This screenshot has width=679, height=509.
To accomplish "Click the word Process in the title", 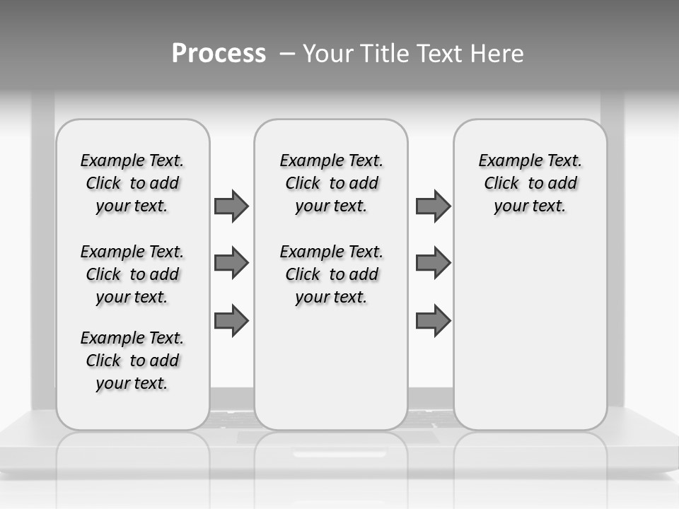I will [x=219, y=53].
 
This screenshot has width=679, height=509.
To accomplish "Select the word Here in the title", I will [x=498, y=54].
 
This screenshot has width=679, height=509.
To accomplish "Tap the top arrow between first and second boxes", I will [x=231, y=206].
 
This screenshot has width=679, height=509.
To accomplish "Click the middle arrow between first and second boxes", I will [x=231, y=263].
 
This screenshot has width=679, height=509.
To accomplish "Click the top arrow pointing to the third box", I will [x=433, y=206].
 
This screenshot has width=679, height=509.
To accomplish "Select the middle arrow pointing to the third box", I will [x=433, y=263].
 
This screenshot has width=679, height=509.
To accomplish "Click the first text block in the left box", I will [x=132, y=183].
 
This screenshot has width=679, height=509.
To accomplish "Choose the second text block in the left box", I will [x=132, y=274].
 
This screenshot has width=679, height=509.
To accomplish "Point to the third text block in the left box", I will [x=132, y=361].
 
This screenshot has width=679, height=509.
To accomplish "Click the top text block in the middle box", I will [x=331, y=183].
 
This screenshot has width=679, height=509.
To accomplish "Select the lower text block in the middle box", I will [x=331, y=274].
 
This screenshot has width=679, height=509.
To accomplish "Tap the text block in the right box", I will [x=530, y=183].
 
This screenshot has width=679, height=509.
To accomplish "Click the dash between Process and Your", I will [x=287, y=54].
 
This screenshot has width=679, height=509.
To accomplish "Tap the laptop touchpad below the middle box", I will [x=337, y=438].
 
